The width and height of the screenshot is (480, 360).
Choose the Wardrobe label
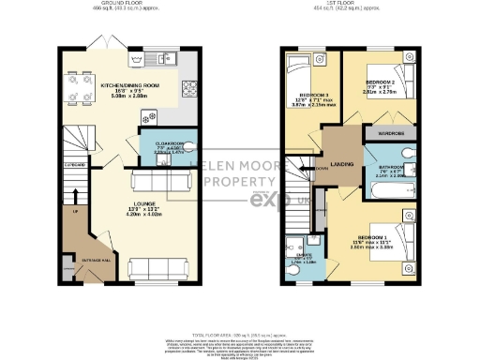coord(391,134)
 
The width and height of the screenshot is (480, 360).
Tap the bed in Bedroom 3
coord(303,69)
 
